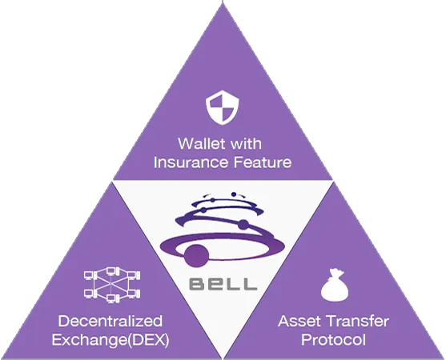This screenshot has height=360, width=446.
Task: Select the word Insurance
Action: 191,162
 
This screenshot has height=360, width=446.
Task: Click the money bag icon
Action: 335,285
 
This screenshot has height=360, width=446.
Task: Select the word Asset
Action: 299,321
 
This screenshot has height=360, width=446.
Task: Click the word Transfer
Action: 357,321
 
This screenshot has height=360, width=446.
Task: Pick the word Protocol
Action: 333,339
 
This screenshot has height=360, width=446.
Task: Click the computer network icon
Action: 112,285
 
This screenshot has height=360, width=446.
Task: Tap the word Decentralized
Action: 110,321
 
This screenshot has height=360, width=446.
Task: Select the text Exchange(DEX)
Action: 110,340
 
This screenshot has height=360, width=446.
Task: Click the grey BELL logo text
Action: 223,284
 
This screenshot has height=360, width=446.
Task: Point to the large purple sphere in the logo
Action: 197,255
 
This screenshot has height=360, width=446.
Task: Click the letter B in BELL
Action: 197,284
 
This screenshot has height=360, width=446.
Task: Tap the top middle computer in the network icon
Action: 111,271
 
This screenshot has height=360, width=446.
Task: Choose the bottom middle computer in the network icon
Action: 111,298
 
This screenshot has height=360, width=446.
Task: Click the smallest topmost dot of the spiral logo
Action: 234,194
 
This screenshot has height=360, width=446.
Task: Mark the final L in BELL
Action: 248,284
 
